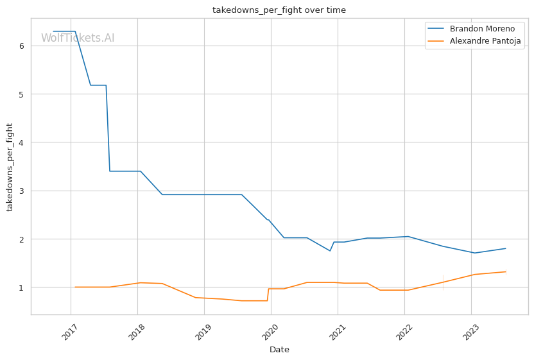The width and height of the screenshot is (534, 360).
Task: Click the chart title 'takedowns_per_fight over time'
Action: pyautogui.click(x=279, y=10)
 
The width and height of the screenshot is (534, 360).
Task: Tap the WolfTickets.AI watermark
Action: pyautogui.click(x=78, y=38)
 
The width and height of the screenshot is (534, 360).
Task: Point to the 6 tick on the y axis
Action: pyautogui.click(x=22, y=46)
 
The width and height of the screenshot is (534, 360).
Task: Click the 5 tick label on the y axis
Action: pyautogui.click(x=22, y=94)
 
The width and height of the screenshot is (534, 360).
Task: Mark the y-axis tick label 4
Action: pyautogui.click(x=22, y=142)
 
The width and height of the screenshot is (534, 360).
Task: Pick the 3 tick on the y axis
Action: pyautogui.click(x=22, y=191)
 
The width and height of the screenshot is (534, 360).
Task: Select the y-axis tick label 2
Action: pyautogui.click(x=22, y=239)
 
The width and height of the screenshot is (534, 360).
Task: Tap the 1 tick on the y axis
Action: pyautogui.click(x=22, y=287)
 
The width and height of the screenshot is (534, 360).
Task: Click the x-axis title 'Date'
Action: pyautogui.click(x=279, y=350)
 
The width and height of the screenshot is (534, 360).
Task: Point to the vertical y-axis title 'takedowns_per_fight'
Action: pyautogui.click(x=10, y=167)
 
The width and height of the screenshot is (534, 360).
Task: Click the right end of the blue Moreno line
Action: pyautogui.click(x=506, y=248)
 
